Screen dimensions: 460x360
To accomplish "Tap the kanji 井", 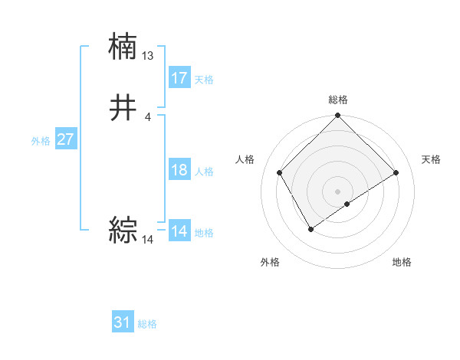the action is [123, 109].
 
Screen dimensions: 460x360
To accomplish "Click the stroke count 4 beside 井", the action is [147, 117].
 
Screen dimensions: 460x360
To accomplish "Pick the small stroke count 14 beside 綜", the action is [148, 240].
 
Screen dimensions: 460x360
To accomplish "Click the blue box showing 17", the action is [179, 78].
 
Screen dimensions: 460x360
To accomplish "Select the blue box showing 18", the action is [179, 170].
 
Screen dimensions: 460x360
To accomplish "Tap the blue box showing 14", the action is [179, 231].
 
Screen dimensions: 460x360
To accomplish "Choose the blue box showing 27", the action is [65, 139].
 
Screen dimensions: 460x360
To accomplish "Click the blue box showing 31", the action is [123, 322].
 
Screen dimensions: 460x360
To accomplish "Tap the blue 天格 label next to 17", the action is [204, 80].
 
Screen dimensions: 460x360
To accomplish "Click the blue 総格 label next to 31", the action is [147, 324].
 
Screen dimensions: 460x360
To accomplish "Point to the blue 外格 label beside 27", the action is [41, 141].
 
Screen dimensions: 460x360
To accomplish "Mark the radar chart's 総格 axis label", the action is [338, 100].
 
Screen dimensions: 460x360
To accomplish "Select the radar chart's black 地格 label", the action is [402, 262].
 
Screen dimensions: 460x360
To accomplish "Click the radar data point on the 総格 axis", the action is [338, 116].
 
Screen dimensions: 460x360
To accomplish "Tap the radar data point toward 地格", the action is [347, 204].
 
